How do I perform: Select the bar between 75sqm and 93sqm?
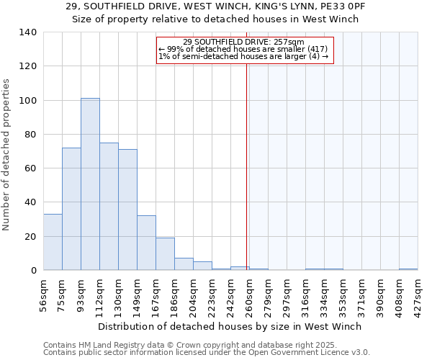71,209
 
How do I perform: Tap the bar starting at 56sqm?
53,242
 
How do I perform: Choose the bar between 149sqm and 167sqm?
146,243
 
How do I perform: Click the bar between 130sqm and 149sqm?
127,210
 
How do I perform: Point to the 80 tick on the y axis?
30,135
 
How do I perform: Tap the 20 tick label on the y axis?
30,236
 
